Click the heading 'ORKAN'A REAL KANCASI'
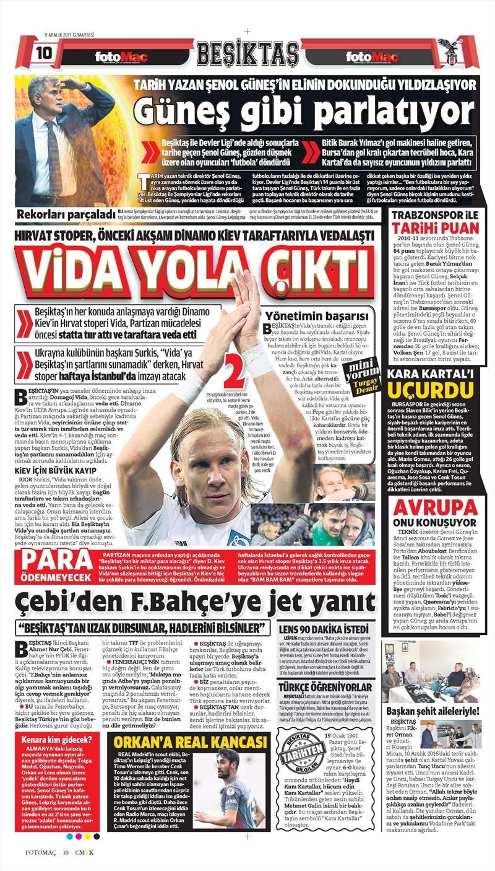point(191,742)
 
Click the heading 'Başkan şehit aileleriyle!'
point(433,711)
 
